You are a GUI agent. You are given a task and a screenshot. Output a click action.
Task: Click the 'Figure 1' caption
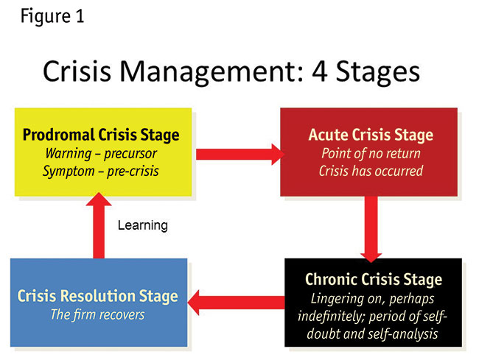[52, 16]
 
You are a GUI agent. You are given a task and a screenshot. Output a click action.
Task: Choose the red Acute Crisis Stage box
[369, 152]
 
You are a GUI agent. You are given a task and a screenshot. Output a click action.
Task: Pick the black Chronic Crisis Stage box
[373, 302]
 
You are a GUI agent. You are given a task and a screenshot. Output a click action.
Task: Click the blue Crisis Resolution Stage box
[98, 303]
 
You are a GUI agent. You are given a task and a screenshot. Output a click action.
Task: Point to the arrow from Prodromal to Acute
[239, 154]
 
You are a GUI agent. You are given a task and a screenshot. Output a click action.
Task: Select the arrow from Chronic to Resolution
[237, 300]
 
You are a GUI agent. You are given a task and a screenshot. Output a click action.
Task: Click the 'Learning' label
[142, 225]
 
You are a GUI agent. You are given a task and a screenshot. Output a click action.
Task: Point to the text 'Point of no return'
[369, 154]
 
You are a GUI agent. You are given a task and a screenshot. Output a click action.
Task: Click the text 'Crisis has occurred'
[369, 171]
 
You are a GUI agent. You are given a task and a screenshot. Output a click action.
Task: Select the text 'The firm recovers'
[97, 315]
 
